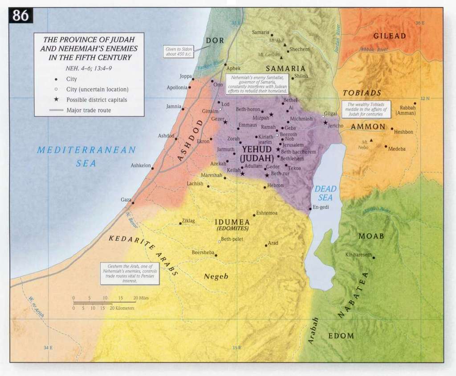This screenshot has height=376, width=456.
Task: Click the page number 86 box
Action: [21, 15]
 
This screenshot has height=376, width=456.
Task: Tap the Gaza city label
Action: [126, 199]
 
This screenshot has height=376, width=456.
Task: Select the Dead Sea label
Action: [326, 193]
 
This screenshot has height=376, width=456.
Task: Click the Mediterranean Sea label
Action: [86, 156]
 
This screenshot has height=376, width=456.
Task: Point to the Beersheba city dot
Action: [216, 255]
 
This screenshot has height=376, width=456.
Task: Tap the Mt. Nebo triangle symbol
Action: [371, 140]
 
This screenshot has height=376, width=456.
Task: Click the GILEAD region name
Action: [389, 36]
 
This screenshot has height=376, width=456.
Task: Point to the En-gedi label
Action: [320, 207]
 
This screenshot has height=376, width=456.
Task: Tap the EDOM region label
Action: [341, 335]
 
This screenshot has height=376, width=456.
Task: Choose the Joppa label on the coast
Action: [185, 76]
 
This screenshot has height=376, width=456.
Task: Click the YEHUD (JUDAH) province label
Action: [255, 153]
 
